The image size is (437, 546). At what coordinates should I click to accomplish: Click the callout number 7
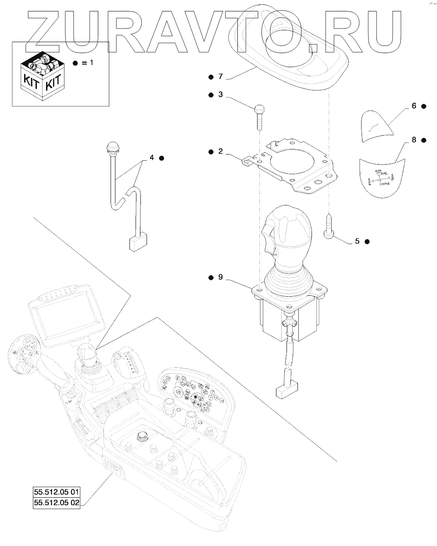[x=220, y=77]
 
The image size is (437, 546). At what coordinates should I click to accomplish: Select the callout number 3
[x=220, y=94]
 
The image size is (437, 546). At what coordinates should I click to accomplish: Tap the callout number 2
[x=220, y=151]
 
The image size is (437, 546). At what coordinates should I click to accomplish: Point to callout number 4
[x=152, y=158]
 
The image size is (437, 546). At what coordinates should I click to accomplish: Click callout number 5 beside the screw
[x=357, y=241]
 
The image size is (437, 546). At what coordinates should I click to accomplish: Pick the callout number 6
[x=414, y=106]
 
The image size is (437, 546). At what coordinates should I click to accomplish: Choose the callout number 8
[x=414, y=140]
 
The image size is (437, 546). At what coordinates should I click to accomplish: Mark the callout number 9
[x=220, y=277]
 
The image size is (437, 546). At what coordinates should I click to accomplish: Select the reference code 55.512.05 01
[x=57, y=492]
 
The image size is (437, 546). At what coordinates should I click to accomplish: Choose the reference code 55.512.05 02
[x=57, y=503]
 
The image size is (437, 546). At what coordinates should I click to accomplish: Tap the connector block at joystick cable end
[x=287, y=390]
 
